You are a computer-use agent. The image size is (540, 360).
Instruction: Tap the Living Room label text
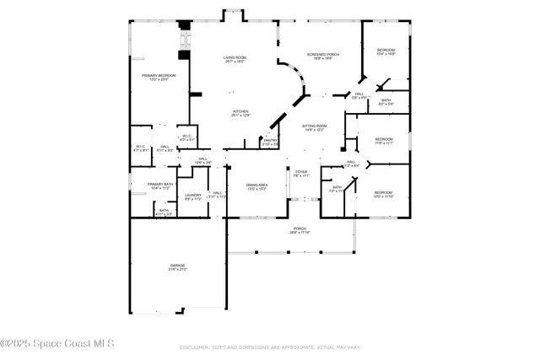[235, 58]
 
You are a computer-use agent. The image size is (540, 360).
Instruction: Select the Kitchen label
[240, 112]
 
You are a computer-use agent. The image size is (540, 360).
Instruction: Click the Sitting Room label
[315, 127]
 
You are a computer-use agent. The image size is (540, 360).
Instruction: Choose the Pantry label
[271, 142]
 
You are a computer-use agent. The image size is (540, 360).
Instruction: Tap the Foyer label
[301, 173]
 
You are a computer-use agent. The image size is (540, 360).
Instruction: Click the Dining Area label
[256, 185]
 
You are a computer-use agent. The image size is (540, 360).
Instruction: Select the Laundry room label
[193, 196]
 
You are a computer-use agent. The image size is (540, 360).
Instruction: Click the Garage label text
[177, 267]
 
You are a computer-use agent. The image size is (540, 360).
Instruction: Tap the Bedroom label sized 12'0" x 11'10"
[384, 193]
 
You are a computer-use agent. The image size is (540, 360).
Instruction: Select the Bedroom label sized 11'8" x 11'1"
[384, 140]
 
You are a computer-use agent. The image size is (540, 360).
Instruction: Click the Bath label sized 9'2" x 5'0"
[386, 101]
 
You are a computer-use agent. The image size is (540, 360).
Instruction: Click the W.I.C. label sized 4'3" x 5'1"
[186, 137]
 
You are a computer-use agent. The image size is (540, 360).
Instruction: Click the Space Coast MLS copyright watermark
[57, 344]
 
